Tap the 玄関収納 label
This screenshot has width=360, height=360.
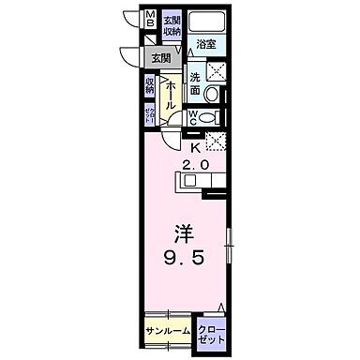[172, 25]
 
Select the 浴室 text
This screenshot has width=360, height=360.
[205, 43]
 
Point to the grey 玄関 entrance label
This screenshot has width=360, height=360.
[161, 58]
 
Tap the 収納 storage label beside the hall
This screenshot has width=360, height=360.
[151, 86]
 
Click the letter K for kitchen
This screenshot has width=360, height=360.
[197, 146]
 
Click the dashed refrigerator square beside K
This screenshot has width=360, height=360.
[215, 141]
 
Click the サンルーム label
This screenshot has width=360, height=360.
[169, 331]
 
